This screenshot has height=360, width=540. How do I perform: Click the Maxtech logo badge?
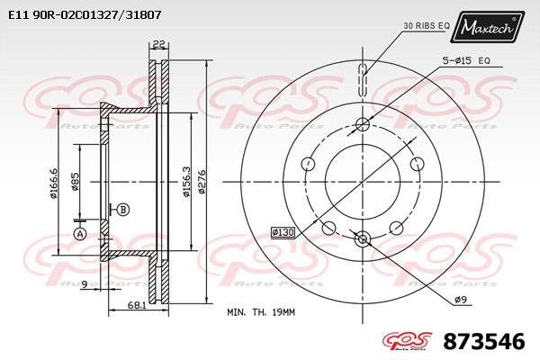487,27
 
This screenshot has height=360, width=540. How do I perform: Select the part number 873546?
484,342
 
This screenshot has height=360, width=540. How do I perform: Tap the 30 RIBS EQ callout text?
427,25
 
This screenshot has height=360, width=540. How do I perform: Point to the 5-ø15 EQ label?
466,60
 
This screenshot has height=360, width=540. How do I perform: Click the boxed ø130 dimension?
283,232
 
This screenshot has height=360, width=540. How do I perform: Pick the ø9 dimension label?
461,300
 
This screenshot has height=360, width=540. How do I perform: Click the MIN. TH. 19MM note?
261,312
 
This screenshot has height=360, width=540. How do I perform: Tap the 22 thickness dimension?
158,44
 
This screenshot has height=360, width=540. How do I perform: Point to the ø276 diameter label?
202,181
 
